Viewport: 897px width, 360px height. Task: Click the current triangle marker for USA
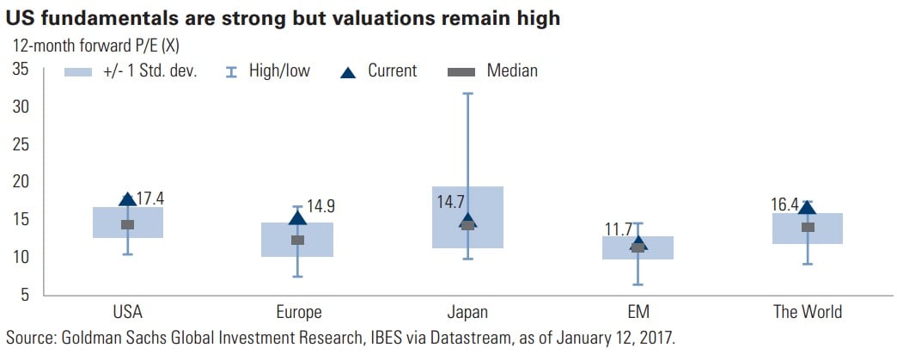point(127,199)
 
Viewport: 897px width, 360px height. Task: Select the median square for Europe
point(297,240)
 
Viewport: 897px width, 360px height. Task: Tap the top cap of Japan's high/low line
point(467,94)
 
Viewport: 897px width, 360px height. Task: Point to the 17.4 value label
point(149,199)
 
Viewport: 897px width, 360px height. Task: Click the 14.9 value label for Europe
point(320,206)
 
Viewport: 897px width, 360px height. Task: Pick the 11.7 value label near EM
point(618,229)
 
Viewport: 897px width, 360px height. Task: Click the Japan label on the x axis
point(467,312)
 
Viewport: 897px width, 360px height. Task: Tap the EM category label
point(638,312)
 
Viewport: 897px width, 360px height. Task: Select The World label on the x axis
point(808,312)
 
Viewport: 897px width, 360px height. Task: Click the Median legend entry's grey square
point(462,71)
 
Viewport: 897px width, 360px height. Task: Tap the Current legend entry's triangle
point(348,71)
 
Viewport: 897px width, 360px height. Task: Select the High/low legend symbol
point(229,71)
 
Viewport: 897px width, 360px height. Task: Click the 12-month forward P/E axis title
point(97,43)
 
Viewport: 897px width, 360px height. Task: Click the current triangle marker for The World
point(807,207)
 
